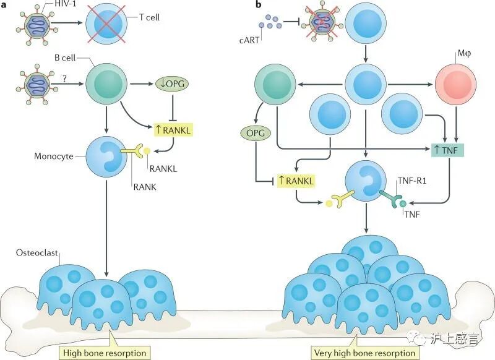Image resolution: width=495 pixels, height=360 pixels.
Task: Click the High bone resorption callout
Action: (103, 353)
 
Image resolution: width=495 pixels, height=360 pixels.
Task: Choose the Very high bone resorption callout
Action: (364, 353)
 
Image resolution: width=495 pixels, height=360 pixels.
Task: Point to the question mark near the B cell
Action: (63, 77)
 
